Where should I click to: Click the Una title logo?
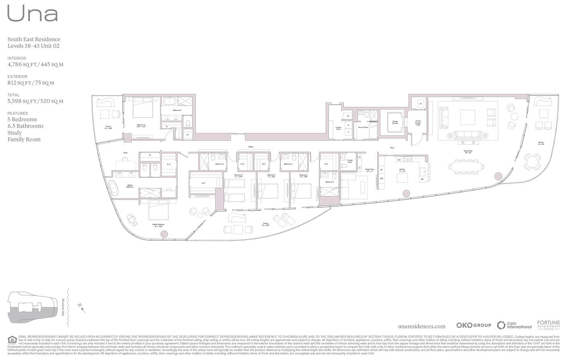click(x=33, y=14)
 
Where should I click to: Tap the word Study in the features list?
click(x=15, y=133)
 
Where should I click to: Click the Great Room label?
click(x=468, y=152)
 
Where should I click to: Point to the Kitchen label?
click(x=402, y=170)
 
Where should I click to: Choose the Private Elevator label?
click(x=395, y=122)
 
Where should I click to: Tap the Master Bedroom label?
click(x=158, y=225)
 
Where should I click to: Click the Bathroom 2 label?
click(x=177, y=110)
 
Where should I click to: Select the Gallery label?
click(x=251, y=147)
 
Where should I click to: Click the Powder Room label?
click(x=350, y=161)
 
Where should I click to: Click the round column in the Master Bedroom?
click(x=164, y=234)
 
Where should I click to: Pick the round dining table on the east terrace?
click(x=532, y=162)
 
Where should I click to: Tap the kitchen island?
click(x=402, y=177)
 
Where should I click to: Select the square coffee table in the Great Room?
click(x=468, y=117)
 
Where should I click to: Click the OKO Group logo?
click(x=473, y=325)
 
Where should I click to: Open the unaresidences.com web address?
click(x=421, y=326)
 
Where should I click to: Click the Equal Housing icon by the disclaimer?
click(x=12, y=340)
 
